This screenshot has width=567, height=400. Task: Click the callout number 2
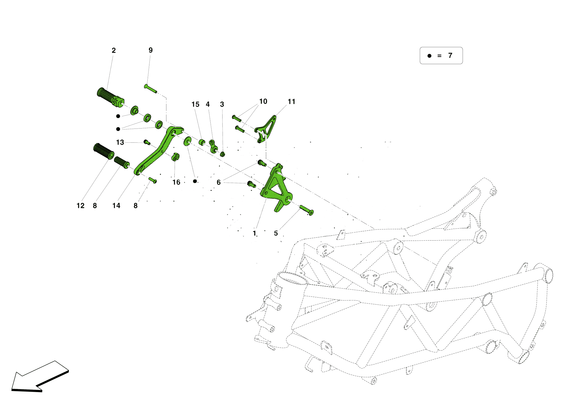[x=114, y=50]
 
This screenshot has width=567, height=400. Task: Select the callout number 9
[x=151, y=50]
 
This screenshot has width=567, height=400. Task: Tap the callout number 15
[x=195, y=104]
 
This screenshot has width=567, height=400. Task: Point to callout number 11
[x=291, y=102]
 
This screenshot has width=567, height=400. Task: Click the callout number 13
[x=120, y=142]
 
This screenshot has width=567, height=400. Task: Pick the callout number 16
[x=176, y=182]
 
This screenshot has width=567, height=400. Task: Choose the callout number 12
[x=81, y=206]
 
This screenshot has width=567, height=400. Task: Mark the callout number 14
[x=116, y=206]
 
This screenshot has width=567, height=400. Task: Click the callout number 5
[x=276, y=233]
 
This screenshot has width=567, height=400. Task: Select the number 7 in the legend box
[x=450, y=56]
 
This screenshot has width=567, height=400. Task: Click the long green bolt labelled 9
[x=151, y=89]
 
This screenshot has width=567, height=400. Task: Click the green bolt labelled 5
[x=306, y=210]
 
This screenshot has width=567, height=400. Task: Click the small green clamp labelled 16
[x=175, y=157]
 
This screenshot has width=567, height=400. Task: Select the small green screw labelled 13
[x=147, y=142]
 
